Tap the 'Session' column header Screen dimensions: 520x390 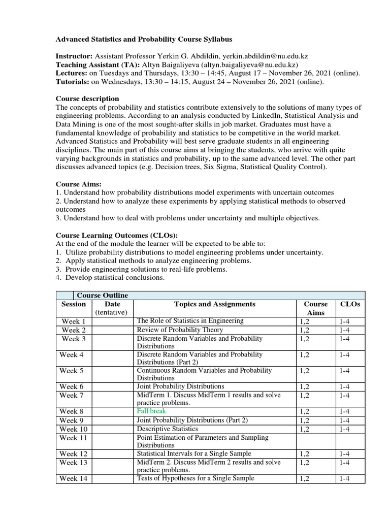click(x=74, y=304)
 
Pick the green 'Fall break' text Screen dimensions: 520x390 click(x=151, y=410)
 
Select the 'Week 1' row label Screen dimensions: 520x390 click(x=74, y=321)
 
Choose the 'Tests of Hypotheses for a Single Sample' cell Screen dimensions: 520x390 click(x=196, y=478)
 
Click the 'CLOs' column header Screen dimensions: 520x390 click(x=350, y=304)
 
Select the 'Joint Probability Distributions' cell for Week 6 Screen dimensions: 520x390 click(x=180, y=386)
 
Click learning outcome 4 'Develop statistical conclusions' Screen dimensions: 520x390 click(x=112, y=278)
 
